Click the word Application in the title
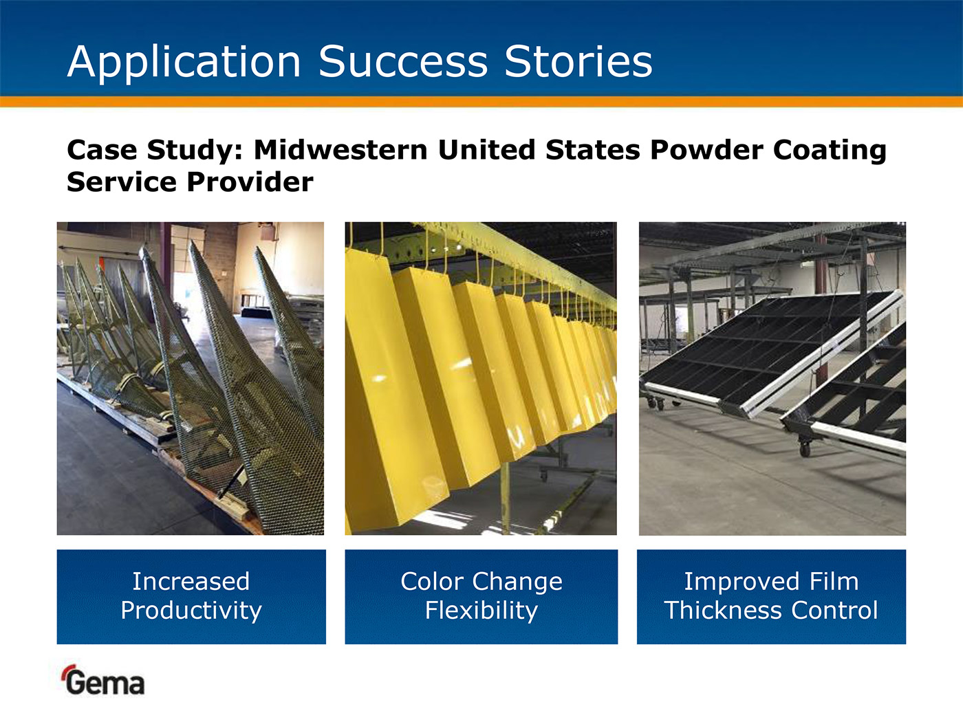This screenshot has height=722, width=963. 184,63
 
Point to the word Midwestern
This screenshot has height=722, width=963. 340,150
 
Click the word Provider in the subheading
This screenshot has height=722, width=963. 250,182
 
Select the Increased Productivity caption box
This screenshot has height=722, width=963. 191,597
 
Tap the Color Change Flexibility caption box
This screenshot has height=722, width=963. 481,597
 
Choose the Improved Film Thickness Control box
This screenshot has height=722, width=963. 771,597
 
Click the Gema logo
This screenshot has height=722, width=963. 102,680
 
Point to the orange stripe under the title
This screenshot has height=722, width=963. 481,102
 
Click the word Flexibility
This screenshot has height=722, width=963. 481,611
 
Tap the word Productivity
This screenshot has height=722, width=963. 191,611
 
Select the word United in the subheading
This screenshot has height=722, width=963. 486,150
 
